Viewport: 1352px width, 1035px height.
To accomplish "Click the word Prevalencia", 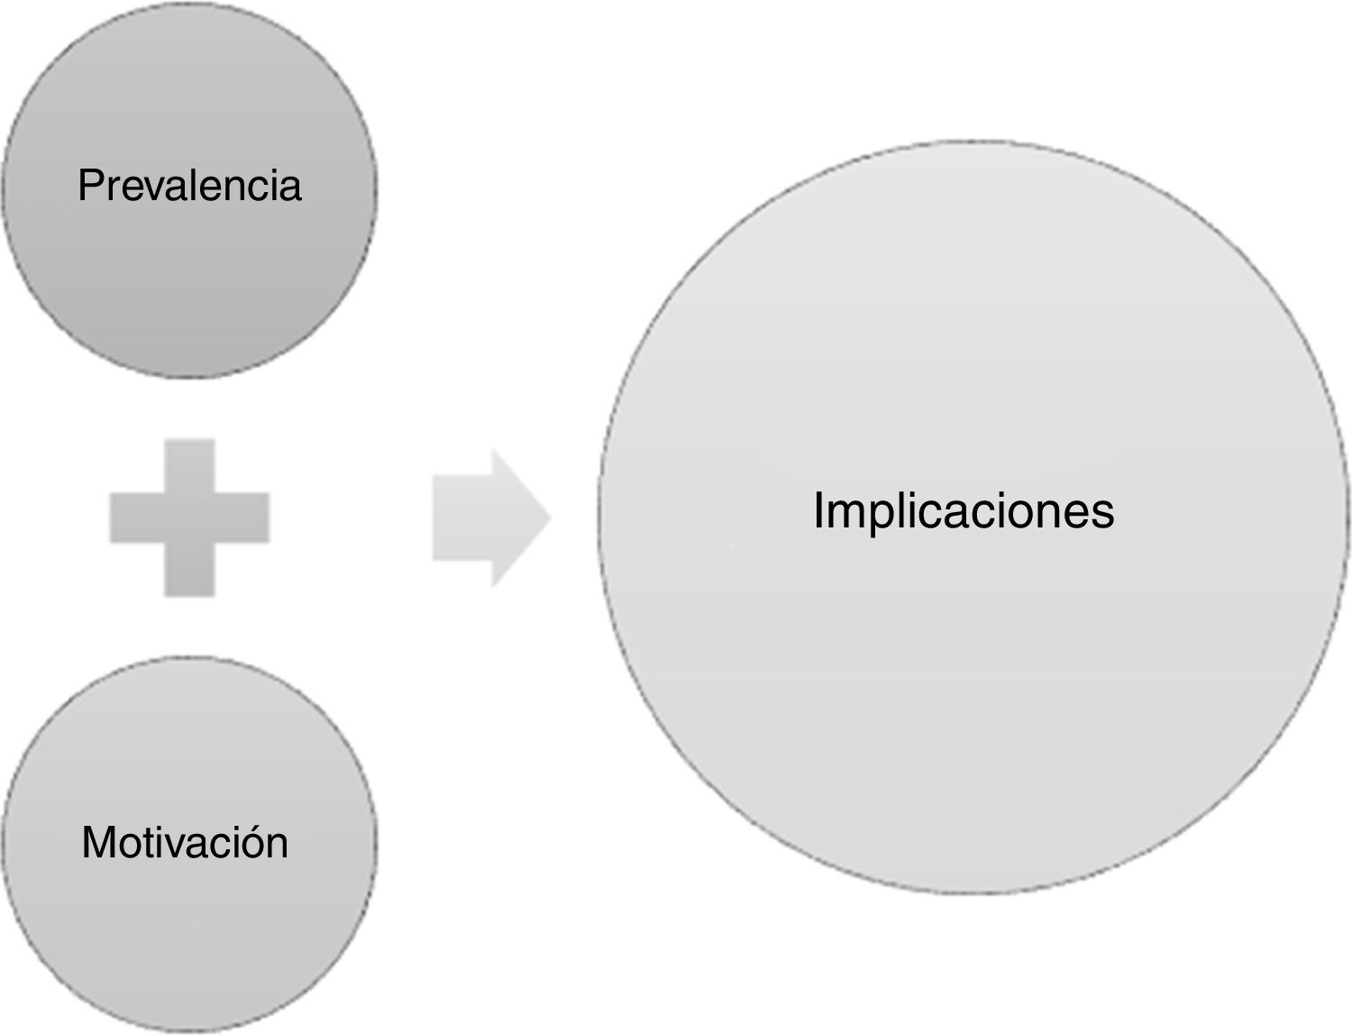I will point(189,186).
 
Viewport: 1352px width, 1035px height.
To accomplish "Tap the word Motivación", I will point(185,843).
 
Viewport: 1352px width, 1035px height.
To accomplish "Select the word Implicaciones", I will point(964,511).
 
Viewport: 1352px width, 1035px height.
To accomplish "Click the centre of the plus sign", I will point(189,517).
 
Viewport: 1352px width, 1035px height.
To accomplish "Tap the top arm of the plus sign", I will point(189,465).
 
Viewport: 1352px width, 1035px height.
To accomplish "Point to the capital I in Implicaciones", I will point(819,511).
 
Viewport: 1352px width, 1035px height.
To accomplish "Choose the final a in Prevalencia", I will point(290,188).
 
